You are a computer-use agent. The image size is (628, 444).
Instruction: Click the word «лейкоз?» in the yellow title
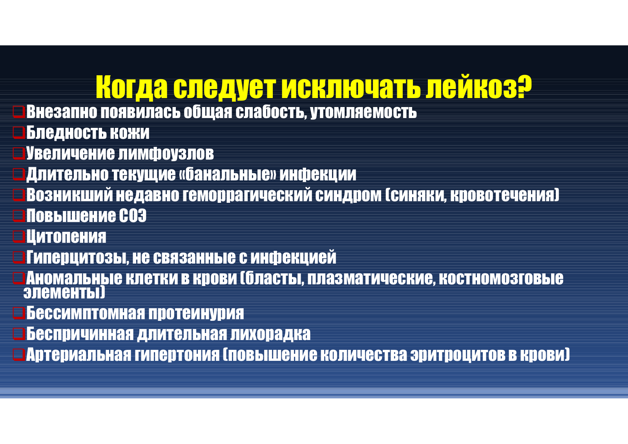(x=478, y=87)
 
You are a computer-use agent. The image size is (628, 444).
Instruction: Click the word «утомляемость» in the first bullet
(x=363, y=112)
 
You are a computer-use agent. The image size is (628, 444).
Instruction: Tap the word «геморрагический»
(x=247, y=195)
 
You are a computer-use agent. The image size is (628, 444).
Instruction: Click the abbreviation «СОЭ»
(x=133, y=216)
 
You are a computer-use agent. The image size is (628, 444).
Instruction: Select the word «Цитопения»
(x=66, y=237)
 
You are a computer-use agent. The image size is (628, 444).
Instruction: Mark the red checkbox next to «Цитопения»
(x=19, y=236)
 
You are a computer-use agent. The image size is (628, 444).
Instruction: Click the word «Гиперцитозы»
(x=78, y=257)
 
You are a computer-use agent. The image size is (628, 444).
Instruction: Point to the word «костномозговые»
(x=501, y=278)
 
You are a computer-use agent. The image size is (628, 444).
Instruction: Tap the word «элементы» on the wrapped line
(x=64, y=292)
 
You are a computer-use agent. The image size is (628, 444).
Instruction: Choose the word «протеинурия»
(x=196, y=313)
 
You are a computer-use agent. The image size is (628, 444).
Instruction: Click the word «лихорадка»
(x=270, y=334)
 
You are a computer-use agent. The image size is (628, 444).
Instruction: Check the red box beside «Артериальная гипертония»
(x=19, y=354)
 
